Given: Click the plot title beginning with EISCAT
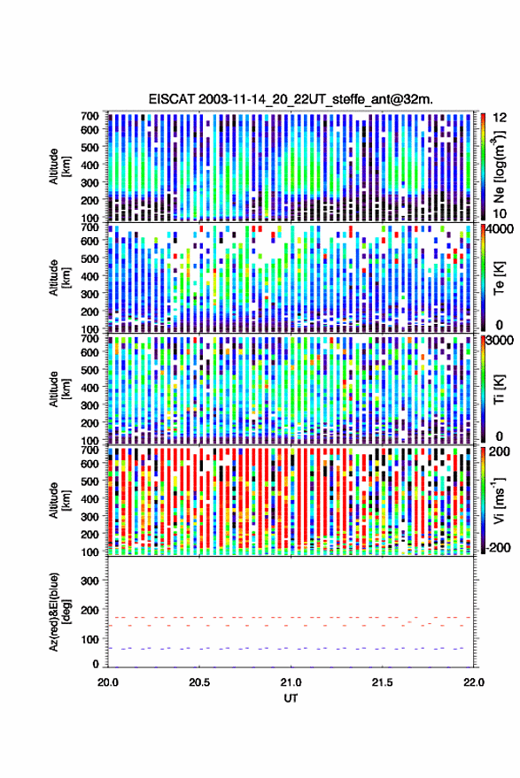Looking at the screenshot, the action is (291, 99).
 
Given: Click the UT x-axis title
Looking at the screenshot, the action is (291, 698).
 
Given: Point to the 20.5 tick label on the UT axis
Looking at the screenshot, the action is (199, 682).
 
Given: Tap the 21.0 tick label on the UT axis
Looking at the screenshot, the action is (291, 682).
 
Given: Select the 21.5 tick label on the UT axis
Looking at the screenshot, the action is (382, 682).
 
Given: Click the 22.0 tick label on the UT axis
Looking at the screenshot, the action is (473, 682).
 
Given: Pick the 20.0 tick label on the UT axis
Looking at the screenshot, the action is (108, 682).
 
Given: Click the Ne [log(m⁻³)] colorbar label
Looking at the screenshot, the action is (499, 166).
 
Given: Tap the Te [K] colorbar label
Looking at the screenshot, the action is (499, 277).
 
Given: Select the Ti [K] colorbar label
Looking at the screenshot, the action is (499, 389).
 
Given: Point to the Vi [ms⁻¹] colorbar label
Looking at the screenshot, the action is (499, 500).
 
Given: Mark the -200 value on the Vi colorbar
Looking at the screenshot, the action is (499, 548).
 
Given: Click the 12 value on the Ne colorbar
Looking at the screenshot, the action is (500, 118).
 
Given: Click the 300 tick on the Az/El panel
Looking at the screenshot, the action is (90, 581).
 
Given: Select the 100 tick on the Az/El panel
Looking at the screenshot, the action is (90, 639).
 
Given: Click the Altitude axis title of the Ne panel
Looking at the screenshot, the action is (59, 166).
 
